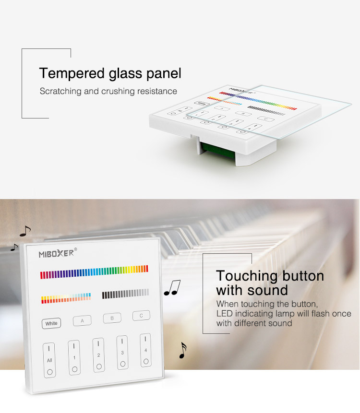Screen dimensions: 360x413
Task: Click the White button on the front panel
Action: [51, 323]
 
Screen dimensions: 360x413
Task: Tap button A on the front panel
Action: [82, 320]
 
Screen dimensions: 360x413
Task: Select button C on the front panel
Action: [141, 316]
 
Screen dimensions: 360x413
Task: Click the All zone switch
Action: [49, 360]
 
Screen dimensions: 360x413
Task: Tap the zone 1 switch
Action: [74, 357]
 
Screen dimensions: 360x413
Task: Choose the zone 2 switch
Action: [98, 355]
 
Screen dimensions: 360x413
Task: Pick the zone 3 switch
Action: [122, 353]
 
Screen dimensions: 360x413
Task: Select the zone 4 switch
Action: [145, 350]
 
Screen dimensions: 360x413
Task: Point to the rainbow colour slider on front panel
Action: [94, 272]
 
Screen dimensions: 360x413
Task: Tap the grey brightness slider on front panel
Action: [125, 294]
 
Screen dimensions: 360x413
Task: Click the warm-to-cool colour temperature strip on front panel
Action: [66, 298]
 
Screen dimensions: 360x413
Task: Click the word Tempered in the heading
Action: [72, 73]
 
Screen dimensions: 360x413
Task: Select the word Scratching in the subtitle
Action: [60, 92]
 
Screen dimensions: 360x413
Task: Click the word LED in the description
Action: [224, 314]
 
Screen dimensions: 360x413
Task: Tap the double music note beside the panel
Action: [172, 288]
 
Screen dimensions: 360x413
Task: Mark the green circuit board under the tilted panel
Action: [216, 150]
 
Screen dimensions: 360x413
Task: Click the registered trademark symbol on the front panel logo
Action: [76, 249]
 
